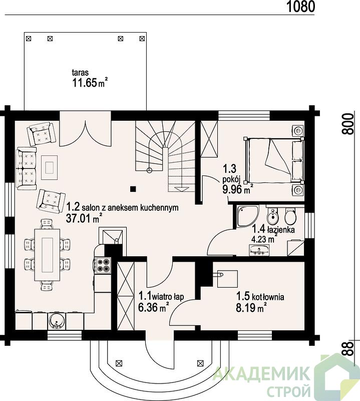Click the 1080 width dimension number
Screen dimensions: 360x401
point(301,7)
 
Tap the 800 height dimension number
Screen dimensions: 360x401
point(348,124)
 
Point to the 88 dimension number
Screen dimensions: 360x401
point(348,348)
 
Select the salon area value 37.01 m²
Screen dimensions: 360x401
point(84,219)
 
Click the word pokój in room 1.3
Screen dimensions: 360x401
point(231,179)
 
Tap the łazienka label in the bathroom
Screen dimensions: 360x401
point(281,230)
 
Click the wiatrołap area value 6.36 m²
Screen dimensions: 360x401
point(154,307)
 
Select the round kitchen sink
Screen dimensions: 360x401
point(56,321)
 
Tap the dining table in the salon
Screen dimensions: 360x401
point(47,255)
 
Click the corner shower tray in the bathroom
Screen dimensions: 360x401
point(247,216)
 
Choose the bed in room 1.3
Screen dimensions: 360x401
point(274,160)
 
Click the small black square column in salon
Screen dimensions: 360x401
point(133,189)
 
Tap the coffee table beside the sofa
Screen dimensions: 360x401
point(49,167)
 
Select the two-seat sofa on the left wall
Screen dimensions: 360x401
point(26,168)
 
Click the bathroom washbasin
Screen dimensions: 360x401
point(259,250)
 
